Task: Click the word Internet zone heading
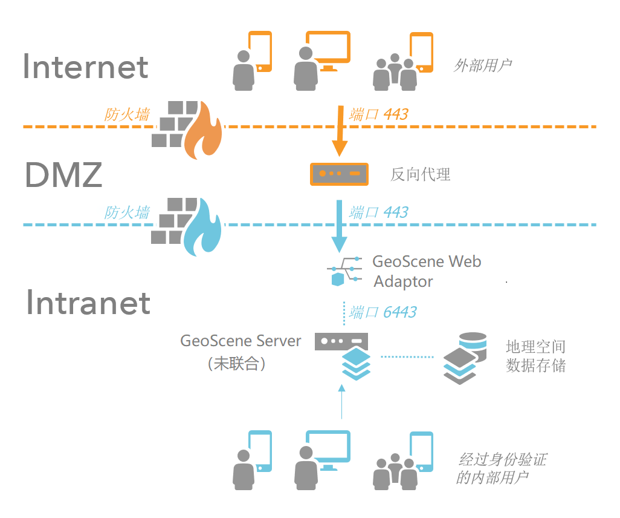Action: [x=86, y=67]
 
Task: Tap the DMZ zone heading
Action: [x=64, y=175]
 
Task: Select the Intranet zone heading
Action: [x=88, y=303]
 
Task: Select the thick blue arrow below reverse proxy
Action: [x=340, y=227]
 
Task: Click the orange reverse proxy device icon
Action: [x=339, y=174]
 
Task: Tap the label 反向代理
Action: [x=420, y=175]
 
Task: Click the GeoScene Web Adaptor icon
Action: [x=344, y=272]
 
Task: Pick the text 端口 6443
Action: [x=383, y=312]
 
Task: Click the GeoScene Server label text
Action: [x=241, y=341]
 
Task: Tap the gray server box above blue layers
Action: [x=341, y=341]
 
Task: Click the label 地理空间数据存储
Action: [x=535, y=356]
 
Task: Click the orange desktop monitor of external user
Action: [x=328, y=48]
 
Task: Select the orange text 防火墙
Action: [x=127, y=114]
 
